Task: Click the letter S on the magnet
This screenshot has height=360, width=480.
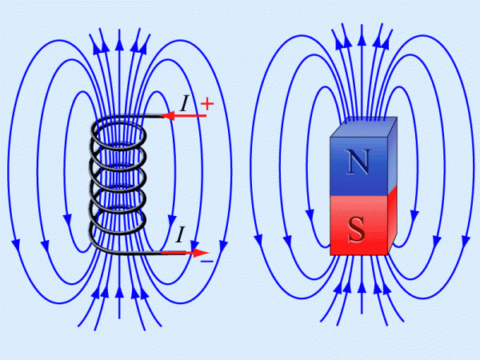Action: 356,230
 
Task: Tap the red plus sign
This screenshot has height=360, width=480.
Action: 207,104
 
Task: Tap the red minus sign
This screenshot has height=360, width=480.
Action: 207,261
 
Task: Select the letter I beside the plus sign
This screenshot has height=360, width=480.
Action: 184,103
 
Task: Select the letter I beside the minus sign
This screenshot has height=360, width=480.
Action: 181,234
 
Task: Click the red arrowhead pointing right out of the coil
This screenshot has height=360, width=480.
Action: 201,253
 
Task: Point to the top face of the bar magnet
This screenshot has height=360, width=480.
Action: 364,127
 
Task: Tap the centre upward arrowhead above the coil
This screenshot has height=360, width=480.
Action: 119,43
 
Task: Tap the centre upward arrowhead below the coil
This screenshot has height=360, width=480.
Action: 119,291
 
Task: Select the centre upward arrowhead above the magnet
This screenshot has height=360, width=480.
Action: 362,40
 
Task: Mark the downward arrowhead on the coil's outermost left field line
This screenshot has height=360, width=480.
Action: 16,246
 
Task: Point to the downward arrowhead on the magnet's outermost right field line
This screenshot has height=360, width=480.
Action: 466,242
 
